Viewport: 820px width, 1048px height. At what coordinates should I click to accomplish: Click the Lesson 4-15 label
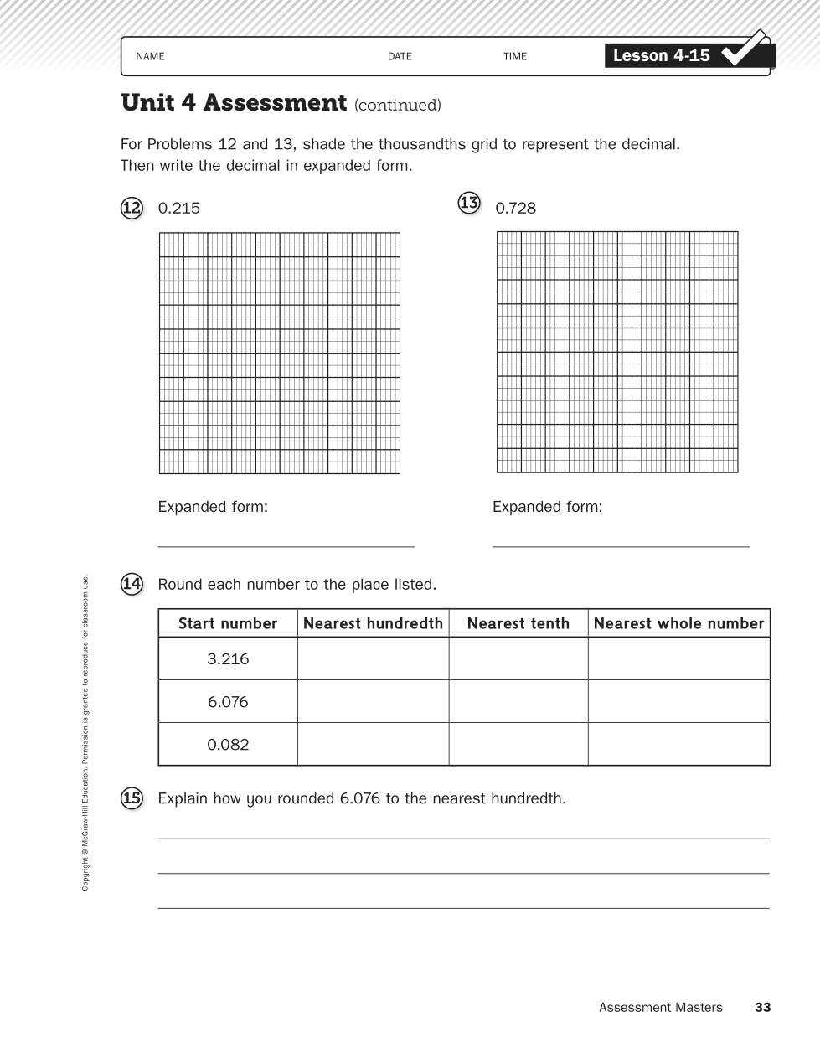[661, 56]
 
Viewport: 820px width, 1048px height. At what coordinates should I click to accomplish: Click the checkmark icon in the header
[746, 49]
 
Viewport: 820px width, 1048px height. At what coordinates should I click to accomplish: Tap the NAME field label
[150, 57]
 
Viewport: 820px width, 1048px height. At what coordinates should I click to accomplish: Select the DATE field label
[400, 57]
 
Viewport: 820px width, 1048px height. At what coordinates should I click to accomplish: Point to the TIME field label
[515, 57]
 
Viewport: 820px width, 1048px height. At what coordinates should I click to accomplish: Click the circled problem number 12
[132, 208]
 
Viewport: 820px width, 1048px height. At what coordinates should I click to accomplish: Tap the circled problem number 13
[469, 203]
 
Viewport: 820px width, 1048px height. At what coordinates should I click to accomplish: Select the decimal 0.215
[179, 209]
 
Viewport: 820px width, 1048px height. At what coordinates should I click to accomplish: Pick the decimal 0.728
[515, 209]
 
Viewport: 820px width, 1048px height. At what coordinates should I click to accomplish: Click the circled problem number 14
[132, 584]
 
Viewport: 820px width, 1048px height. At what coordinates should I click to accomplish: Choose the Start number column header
[228, 624]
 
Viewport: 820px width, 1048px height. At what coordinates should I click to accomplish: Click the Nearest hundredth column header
[373, 624]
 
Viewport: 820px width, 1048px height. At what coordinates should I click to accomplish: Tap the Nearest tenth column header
[518, 624]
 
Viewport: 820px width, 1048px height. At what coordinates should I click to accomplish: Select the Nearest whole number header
[678, 624]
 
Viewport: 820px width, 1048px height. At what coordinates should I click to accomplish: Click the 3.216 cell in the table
[228, 659]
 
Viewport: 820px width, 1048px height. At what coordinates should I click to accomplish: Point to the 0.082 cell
[228, 745]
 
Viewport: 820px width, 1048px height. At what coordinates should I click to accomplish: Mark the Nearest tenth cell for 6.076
[518, 702]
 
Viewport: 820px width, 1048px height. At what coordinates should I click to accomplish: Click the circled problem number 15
[132, 798]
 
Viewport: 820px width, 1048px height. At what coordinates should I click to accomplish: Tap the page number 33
[762, 1008]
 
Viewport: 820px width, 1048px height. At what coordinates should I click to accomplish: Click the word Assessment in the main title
[275, 103]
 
